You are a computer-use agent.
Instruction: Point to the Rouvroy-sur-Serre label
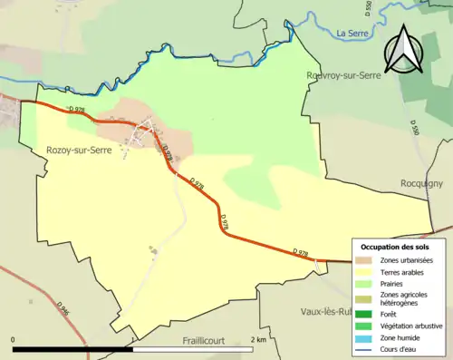coord(345,77)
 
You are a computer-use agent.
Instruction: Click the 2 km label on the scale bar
coord(258,339)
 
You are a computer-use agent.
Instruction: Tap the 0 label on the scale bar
coord(14,339)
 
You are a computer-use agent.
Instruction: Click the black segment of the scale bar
coord(72,349)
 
